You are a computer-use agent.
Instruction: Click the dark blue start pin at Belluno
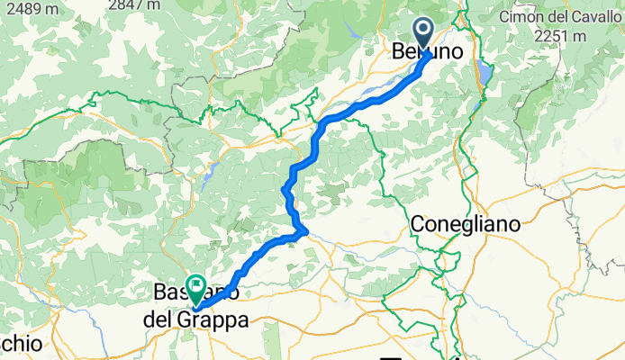click(x=424, y=34)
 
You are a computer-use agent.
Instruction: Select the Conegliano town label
click(x=466, y=223)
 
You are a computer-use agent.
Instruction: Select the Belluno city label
click(x=429, y=53)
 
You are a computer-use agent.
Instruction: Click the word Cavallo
click(x=592, y=17)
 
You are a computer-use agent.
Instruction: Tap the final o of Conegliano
click(x=514, y=223)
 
